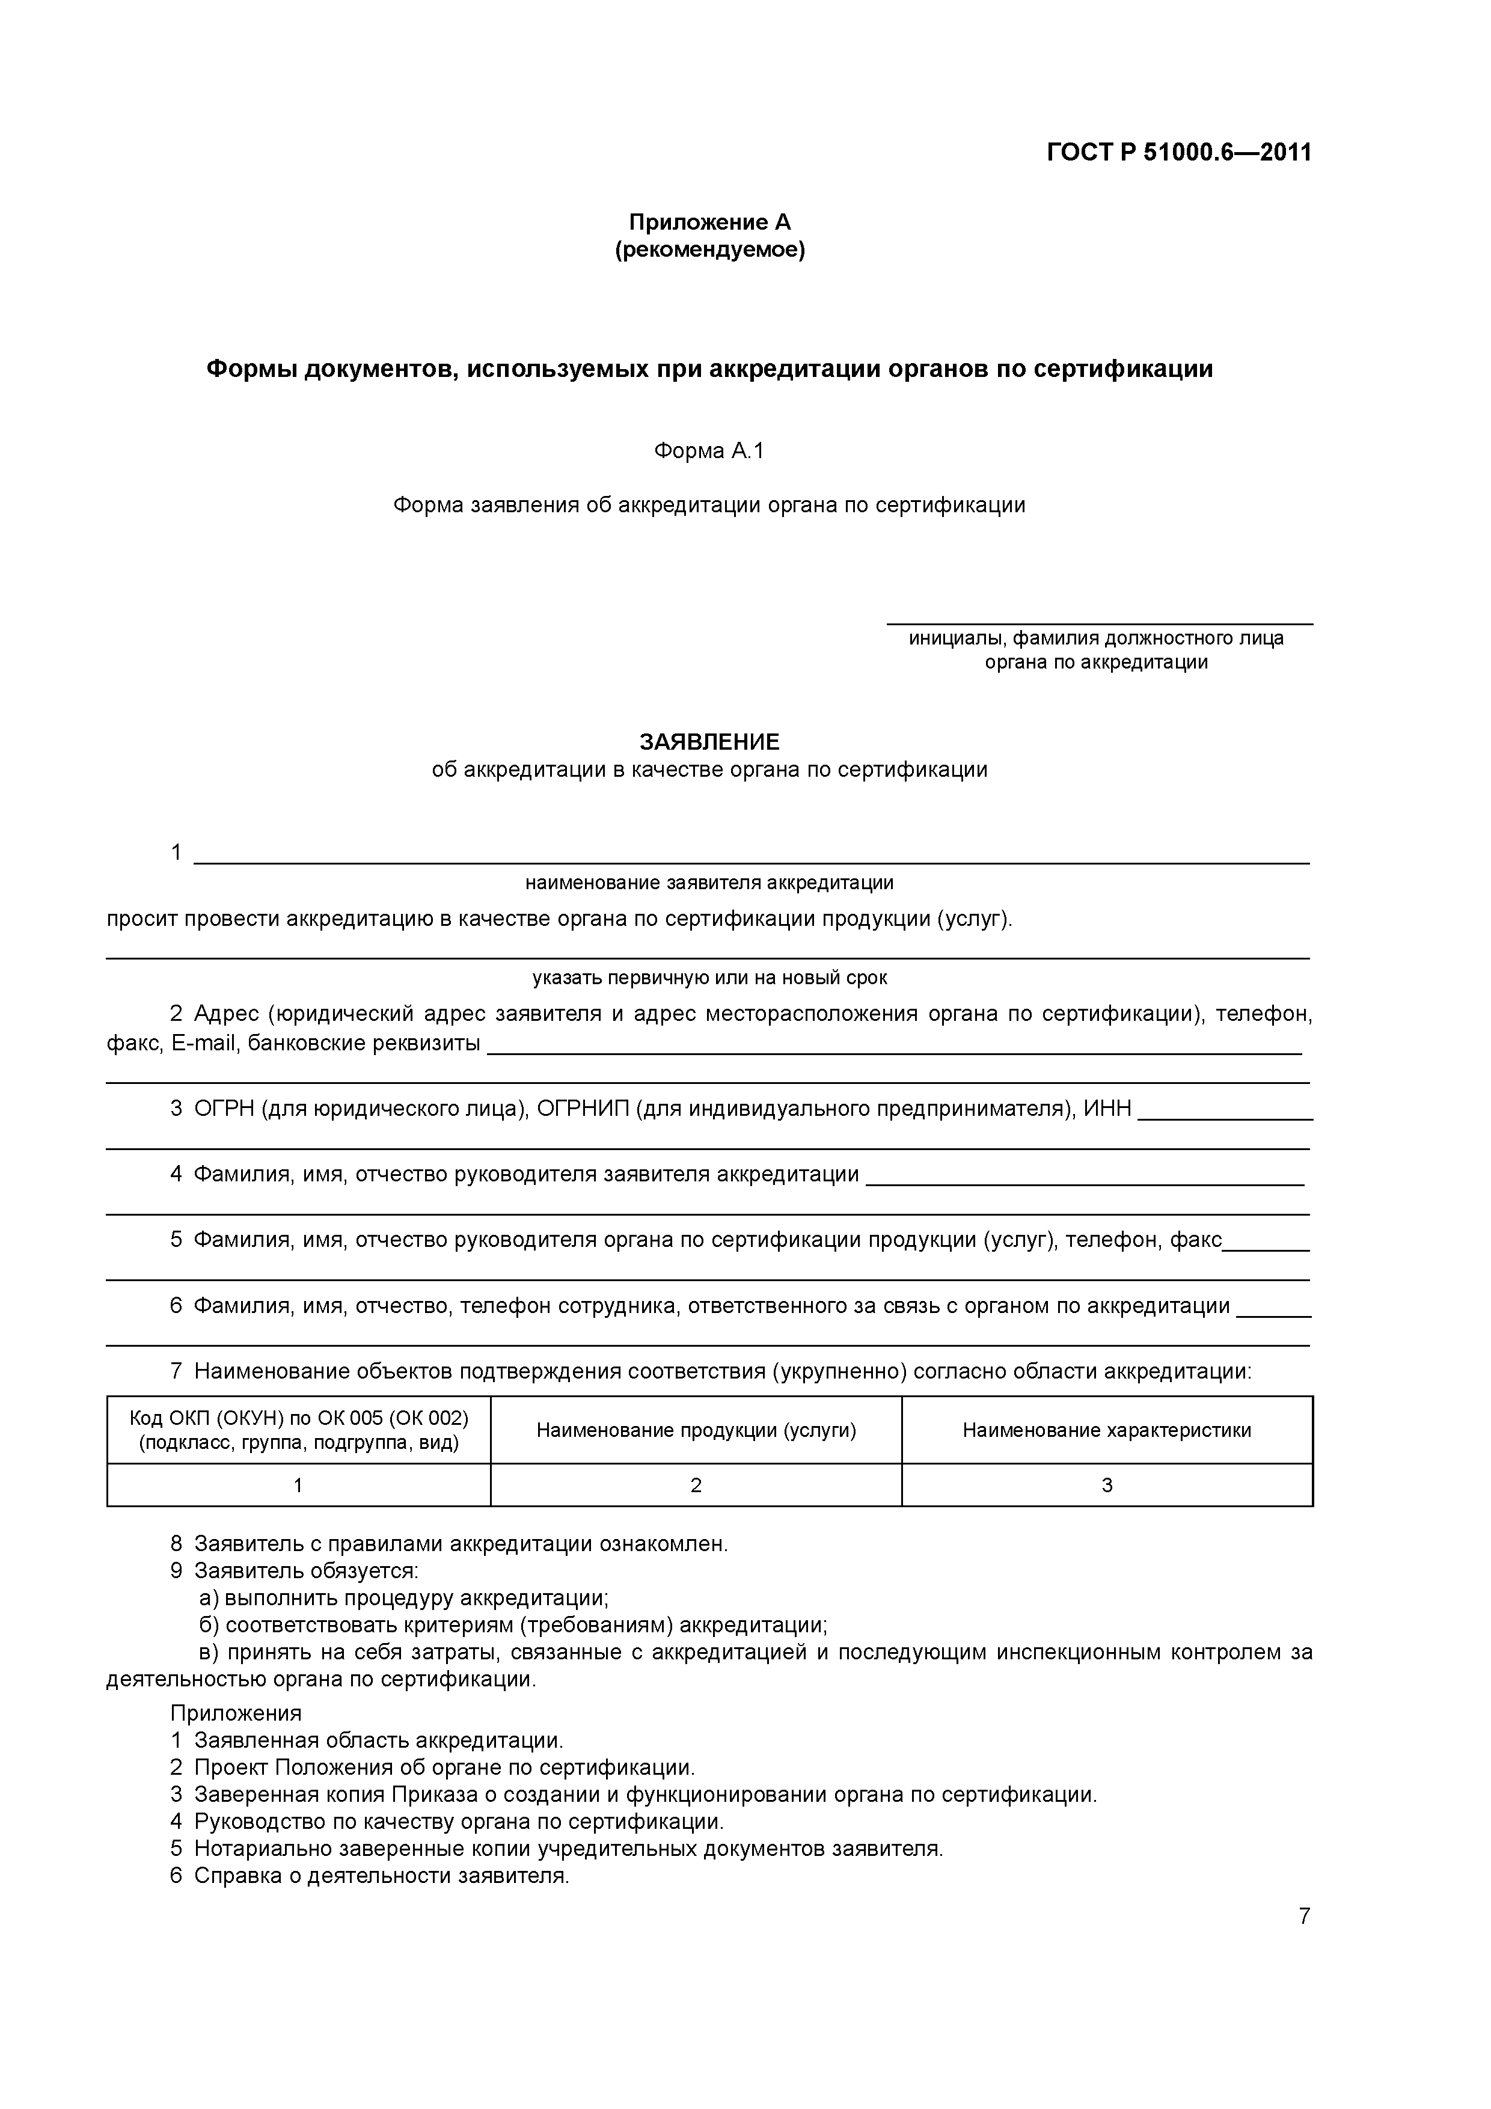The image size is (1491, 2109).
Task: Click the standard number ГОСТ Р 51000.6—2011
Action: tap(1178, 152)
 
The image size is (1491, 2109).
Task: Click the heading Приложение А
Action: tap(709, 222)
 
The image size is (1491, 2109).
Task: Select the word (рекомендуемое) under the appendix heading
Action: tap(709, 250)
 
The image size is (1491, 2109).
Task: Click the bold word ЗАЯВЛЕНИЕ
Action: tap(709, 741)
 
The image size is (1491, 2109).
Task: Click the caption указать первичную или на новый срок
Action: tap(709, 978)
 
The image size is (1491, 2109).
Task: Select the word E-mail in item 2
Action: tap(204, 1044)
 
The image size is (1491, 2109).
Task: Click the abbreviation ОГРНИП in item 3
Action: tap(583, 1109)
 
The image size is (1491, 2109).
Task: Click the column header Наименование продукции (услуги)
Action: tap(696, 1430)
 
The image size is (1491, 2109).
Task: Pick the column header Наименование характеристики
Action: tap(1106, 1430)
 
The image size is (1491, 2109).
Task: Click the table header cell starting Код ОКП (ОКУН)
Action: tap(299, 1430)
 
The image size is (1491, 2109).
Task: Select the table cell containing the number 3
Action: tap(1106, 1486)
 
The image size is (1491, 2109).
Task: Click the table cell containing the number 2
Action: tap(696, 1486)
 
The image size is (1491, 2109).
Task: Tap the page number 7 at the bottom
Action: tap(1303, 1916)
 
